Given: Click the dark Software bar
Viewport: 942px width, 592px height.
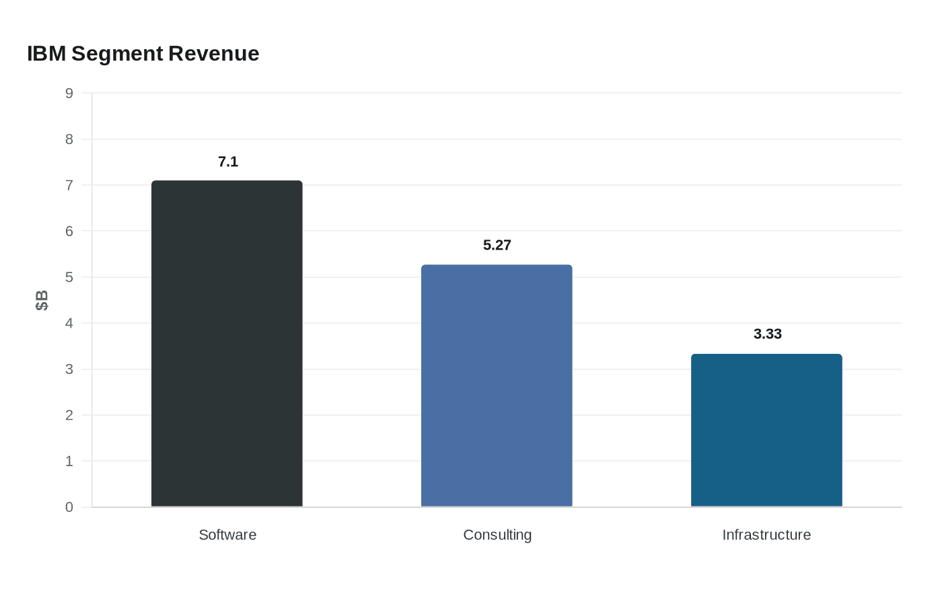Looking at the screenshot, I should point(227,344).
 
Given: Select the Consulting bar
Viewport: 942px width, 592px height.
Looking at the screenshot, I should point(497,385).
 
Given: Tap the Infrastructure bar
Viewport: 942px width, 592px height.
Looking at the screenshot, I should point(766,431).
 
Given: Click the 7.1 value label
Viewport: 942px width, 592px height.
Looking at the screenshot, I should point(228,161).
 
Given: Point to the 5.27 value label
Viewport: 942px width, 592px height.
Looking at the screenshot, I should point(497,246).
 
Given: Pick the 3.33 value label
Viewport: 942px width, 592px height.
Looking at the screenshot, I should point(767,334).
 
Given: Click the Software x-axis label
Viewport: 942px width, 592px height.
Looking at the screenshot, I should point(227,535).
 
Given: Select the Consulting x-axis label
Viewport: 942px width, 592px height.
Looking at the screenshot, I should point(497,535).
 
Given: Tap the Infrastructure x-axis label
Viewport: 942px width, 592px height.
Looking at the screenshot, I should point(766,535).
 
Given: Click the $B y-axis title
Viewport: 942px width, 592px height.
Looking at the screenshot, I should point(42,300).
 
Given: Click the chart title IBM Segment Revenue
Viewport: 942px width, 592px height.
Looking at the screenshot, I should point(143,54).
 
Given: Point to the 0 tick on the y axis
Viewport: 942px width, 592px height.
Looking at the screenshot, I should point(69,507).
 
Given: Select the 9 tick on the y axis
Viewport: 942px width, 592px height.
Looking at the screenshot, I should point(69,94).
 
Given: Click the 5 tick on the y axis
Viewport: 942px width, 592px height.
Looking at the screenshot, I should point(69,277).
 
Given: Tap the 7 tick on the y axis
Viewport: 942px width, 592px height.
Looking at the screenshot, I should point(69,185).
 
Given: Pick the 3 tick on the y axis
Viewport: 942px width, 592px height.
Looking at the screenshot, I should point(69,369).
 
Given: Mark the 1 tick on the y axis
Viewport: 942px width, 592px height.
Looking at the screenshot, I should point(69,461).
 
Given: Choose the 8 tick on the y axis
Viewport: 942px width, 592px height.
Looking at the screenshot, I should point(69,139).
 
